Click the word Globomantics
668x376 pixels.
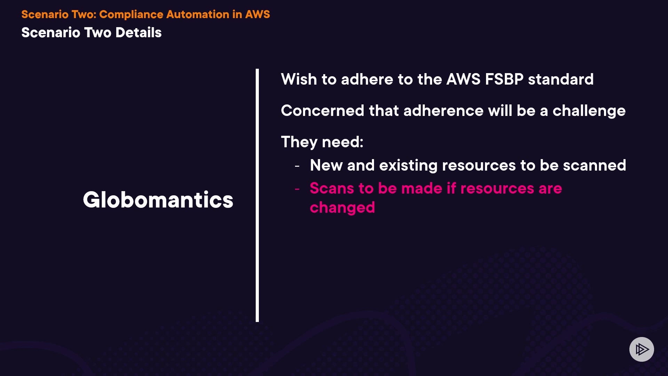(158, 200)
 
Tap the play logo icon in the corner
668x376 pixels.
(642, 349)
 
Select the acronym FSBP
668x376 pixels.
(504, 79)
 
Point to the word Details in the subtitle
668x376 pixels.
(138, 33)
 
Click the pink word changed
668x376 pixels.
(342, 208)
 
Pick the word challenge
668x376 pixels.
(589, 111)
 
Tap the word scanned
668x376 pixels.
(595, 165)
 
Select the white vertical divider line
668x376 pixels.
(257, 195)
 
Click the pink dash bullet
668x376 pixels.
(297, 189)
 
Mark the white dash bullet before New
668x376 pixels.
(297, 166)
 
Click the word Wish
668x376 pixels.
(299, 79)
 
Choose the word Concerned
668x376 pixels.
(323, 111)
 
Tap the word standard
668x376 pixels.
(560, 79)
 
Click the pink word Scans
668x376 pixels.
(332, 188)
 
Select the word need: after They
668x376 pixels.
(343, 142)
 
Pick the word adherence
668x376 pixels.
(443, 111)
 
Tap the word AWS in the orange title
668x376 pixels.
(257, 14)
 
